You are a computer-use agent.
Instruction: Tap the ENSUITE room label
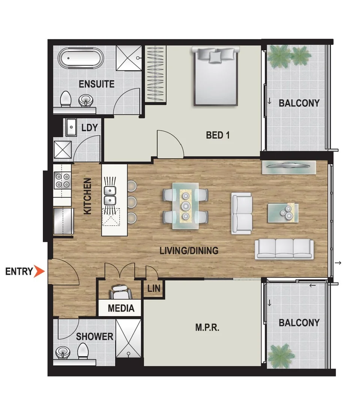pyautogui.click(x=96, y=84)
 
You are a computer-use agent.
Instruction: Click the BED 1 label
pyautogui.click(x=218, y=135)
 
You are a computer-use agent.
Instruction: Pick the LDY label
pyautogui.click(x=89, y=128)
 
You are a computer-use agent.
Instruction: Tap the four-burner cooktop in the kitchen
pyautogui.click(x=63, y=180)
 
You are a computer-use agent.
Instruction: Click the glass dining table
pyautogui.click(x=185, y=205)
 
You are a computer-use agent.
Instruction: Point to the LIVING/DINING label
pyautogui.click(x=189, y=250)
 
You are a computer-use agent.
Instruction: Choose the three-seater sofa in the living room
pyautogui.click(x=284, y=249)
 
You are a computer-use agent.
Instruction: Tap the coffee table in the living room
pyautogui.click(x=283, y=212)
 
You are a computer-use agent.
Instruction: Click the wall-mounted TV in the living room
pyautogui.click(x=289, y=167)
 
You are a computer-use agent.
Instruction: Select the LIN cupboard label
pyautogui.click(x=154, y=289)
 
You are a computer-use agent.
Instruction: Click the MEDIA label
pyautogui.click(x=121, y=308)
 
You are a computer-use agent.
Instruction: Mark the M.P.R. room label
pyautogui.click(x=207, y=327)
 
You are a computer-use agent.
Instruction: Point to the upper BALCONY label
pyautogui.click(x=299, y=103)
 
